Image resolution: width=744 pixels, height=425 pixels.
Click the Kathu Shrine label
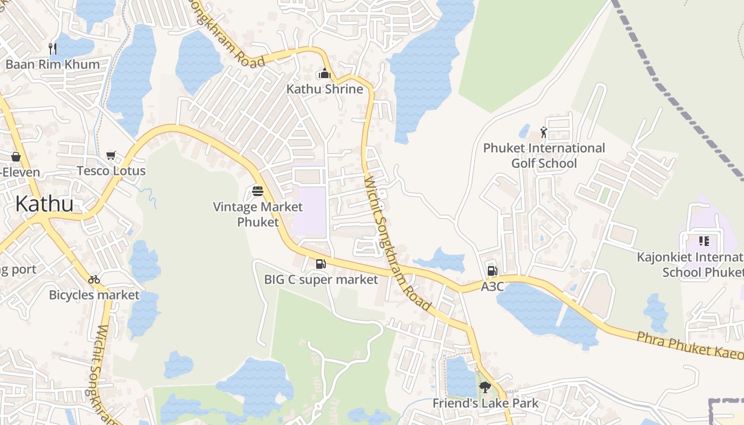click(325, 89)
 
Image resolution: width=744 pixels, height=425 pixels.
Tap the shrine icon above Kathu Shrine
click(324, 74)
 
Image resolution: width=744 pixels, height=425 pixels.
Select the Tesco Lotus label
click(111, 171)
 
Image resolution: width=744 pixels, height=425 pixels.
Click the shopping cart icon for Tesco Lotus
click(111, 156)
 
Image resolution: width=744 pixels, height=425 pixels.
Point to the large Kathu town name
click(45, 203)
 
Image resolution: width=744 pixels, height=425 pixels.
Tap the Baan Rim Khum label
click(52, 64)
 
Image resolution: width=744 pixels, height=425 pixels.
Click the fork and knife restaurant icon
click(53, 49)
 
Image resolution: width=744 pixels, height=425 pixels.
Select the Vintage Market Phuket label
click(258, 214)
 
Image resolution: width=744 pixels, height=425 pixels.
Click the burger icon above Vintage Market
click(258, 191)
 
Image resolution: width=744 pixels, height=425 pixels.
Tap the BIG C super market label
click(321, 279)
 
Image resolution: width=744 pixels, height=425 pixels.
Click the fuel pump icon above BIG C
click(320, 263)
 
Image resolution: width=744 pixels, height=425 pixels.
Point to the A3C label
click(492, 286)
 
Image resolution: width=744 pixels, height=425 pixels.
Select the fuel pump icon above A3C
click(492, 271)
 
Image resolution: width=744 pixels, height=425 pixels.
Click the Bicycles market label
click(94, 294)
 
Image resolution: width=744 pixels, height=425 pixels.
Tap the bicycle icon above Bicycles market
click(94, 279)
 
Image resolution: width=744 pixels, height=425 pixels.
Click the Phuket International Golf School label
click(544, 155)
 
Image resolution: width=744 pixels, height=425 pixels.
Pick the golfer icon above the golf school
click(544, 132)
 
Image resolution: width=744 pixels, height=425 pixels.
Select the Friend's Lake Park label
click(485, 403)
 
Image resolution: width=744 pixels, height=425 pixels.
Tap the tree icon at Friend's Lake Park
click(485, 387)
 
